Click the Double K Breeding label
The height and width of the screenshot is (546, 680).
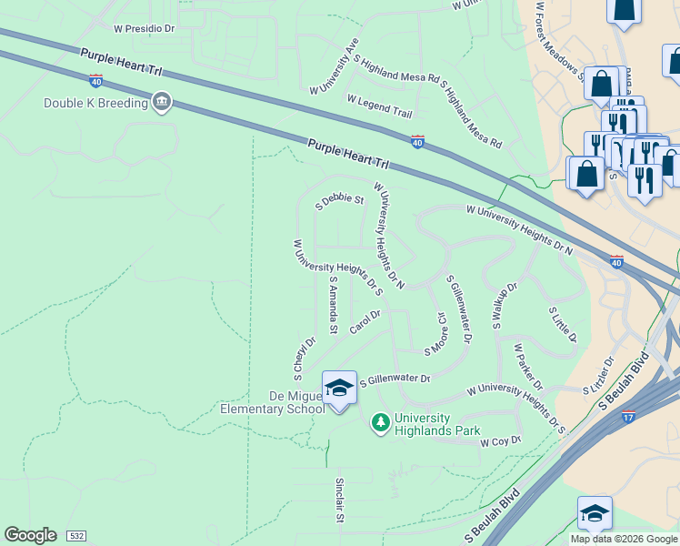[95, 103]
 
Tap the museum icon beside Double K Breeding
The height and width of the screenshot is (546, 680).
[162, 102]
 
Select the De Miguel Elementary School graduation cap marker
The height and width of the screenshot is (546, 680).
[339, 389]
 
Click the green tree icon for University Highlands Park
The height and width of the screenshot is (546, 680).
[380, 422]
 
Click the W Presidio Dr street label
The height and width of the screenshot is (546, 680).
[144, 29]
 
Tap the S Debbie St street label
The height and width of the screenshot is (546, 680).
[339, 199]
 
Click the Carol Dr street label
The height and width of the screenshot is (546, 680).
[364, 321]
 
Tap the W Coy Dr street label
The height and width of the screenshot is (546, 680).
[501, 441]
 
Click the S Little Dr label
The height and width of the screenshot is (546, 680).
[563, 324]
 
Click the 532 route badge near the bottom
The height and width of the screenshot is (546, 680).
[76, 536]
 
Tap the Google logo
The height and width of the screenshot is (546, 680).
[30, 535]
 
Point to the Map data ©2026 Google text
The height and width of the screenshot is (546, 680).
[624, 539]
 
